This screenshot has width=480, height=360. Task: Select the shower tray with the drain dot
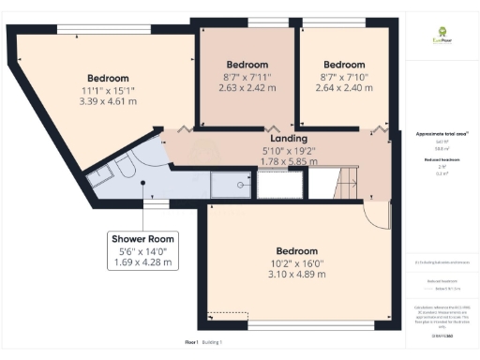230,185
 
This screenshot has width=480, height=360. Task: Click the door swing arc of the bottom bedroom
376,215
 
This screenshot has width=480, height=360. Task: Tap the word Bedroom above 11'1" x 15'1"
108,77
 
